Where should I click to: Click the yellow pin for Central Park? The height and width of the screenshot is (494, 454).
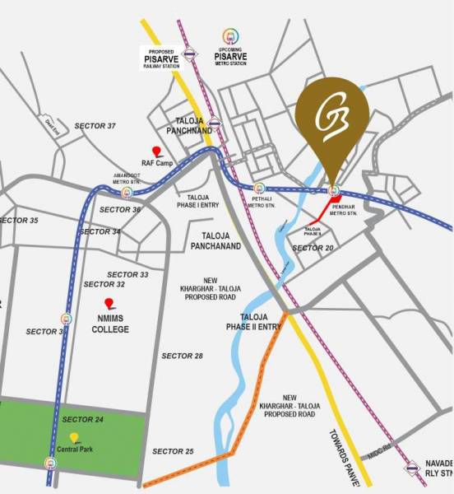[x=74, y=437]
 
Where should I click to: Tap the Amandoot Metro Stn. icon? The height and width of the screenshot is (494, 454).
[x=127, y=193]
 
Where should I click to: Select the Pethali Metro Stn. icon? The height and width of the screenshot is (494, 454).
[x=260, y=189]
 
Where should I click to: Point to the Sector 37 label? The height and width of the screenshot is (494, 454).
[x=95, y=126]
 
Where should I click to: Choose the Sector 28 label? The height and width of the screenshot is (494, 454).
[x=182, y=356]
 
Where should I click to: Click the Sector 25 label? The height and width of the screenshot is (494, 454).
[x=173, y=452]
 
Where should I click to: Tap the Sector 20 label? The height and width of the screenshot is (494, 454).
[x=313, y=248]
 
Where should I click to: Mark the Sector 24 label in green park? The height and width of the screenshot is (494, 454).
[x=83, y=420]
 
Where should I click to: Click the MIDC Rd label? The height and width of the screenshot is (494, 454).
[x=378, y=452]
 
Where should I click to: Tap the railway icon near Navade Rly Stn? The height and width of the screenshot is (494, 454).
[x=410, y=469]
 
